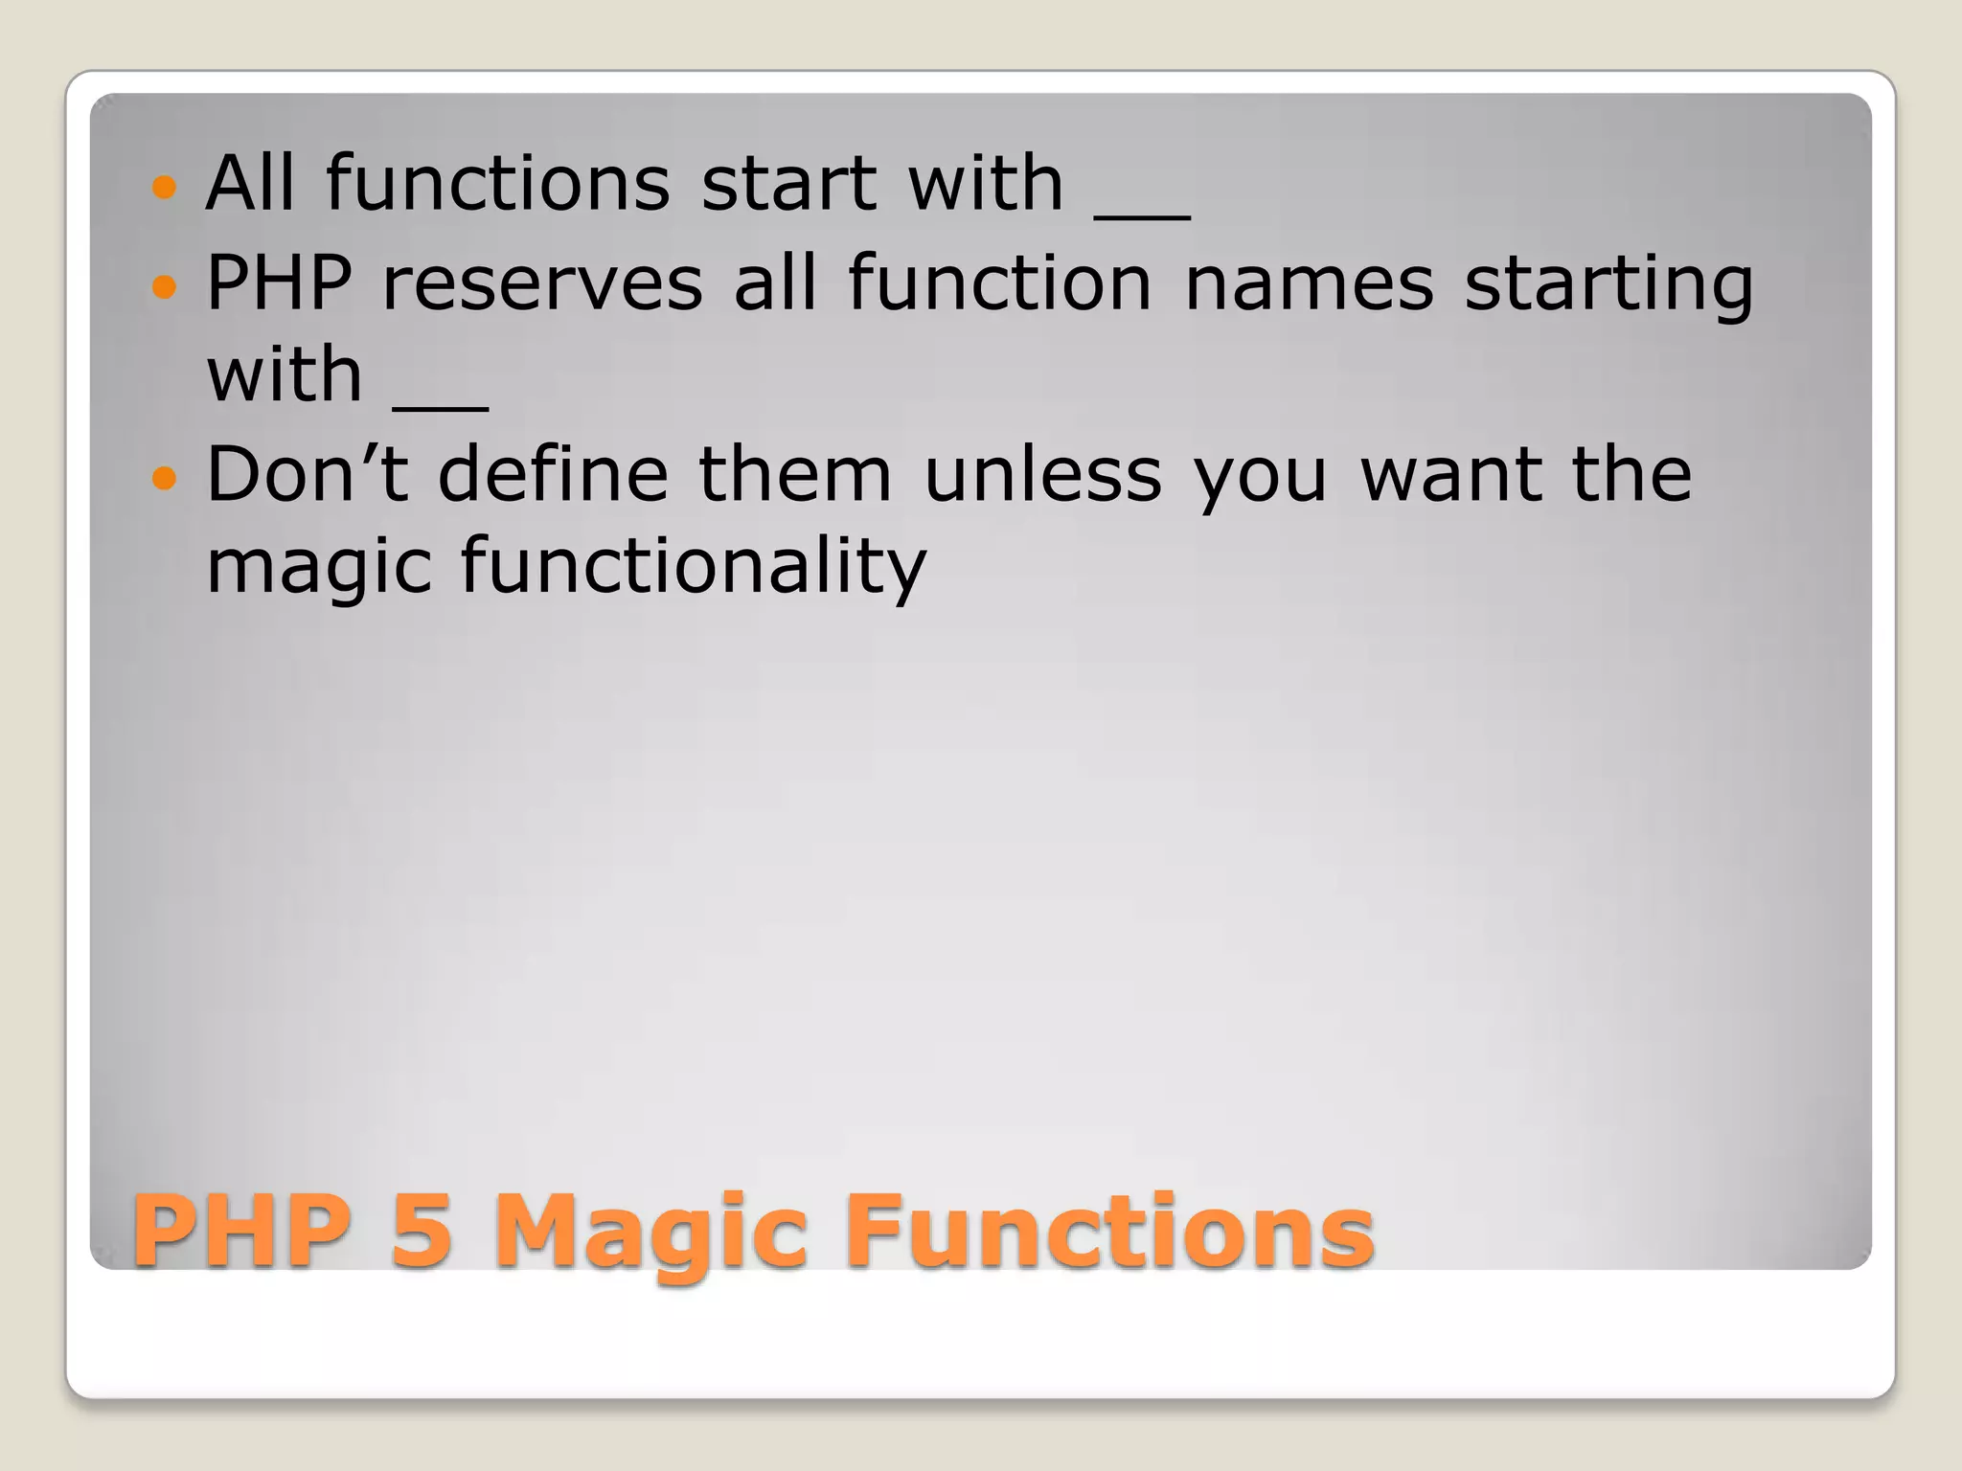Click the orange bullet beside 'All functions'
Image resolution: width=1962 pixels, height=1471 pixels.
click(x=165, y=186)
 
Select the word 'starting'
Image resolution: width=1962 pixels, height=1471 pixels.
click(x=1608, y=285)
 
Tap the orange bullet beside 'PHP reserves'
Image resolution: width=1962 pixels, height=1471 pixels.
click(x=165, y=285)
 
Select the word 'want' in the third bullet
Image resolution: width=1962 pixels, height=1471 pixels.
click(x=1449, y=475)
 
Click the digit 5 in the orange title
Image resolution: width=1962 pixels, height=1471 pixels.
click(x=421, y=1231)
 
